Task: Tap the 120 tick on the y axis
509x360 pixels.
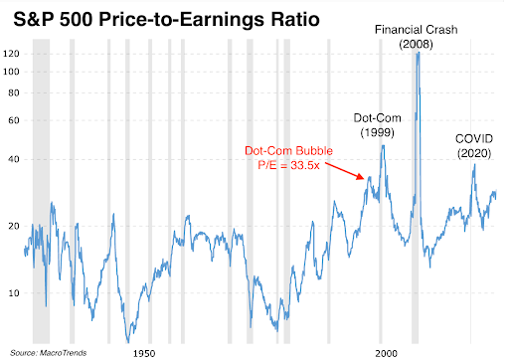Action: tap(13, 53)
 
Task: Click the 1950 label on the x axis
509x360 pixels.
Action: tap(144, 352)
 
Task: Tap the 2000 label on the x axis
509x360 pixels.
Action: tap(384, 352)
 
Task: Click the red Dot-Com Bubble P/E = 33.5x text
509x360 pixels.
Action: tap(289, 158)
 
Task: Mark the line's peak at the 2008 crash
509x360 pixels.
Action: tap(419, 53)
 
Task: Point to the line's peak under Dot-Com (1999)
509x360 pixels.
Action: tap(383, 146)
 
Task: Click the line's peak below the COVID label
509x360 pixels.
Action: tap(474, 166)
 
